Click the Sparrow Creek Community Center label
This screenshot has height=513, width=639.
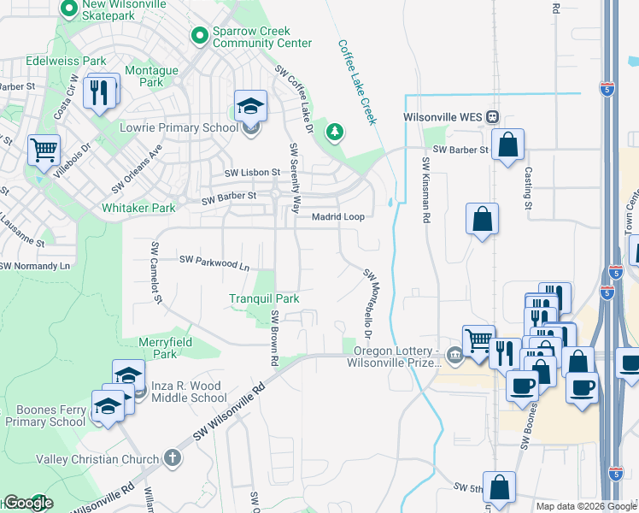262,36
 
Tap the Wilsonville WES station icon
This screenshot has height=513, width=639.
492,117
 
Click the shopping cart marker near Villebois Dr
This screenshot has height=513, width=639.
44,150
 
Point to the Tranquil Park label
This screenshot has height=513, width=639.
264,298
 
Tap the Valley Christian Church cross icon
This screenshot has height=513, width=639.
172,459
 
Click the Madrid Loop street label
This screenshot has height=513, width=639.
337,216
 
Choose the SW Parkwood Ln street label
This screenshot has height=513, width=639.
214,262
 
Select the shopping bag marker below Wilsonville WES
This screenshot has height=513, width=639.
507,146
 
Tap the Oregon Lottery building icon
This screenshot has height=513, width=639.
455,356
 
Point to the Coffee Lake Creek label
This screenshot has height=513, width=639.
357,81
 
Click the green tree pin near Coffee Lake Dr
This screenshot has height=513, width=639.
336,131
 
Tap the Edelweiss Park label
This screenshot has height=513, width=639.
55,61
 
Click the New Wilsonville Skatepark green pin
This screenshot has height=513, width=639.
69,9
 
